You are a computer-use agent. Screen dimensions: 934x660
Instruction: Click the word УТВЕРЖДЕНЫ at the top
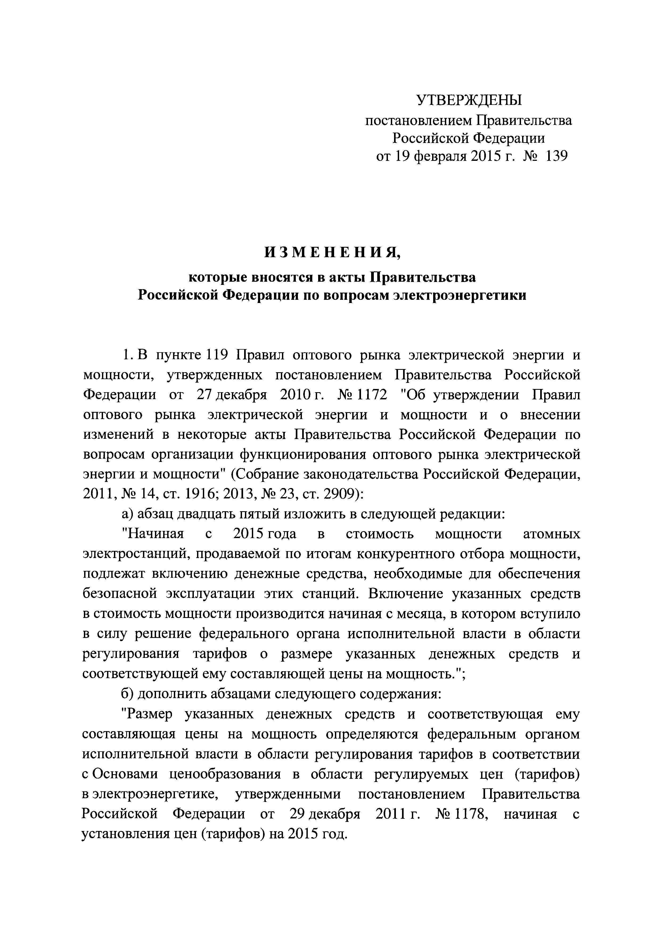pos(469,100)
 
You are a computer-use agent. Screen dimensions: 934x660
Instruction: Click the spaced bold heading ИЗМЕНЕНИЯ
pos(332,253)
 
